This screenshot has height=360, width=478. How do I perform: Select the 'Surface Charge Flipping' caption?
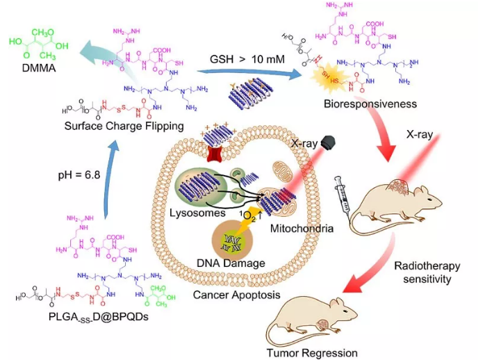pyautogui.click(x=122, y=126)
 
